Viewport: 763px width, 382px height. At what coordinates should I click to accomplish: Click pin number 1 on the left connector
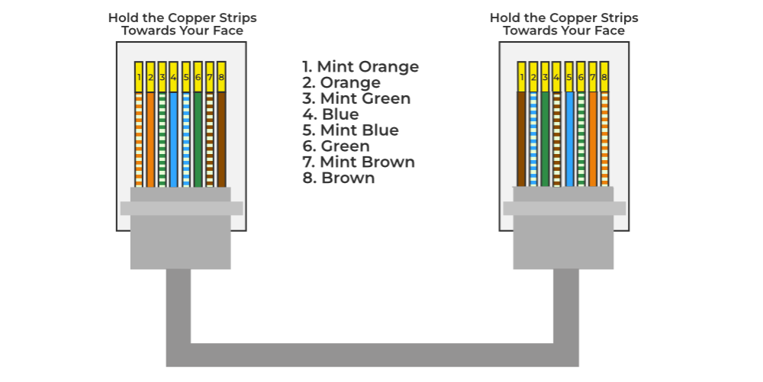[139, 76]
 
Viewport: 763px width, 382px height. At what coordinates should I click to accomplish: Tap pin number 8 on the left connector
[221, 76]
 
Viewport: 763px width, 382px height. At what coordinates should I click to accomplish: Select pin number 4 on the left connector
[174, 76]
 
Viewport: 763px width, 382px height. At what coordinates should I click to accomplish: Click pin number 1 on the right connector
[522, 76]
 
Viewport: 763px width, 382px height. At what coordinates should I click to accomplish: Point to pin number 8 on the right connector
[604, 76]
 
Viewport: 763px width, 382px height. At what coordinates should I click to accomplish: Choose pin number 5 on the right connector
[569, 76]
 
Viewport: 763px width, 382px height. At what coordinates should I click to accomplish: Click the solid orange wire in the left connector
[150, 137]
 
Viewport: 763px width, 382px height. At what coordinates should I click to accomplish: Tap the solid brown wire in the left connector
[221, 137]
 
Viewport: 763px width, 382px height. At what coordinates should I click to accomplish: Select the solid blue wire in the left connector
[174, 137]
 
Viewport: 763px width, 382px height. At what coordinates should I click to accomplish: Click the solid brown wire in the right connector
[522, 137]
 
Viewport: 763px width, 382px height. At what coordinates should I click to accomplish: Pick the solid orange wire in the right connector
[593, 137]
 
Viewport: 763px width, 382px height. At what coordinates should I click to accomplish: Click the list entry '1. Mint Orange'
[361, 66]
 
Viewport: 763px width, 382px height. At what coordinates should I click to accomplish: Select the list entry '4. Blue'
[330, 114]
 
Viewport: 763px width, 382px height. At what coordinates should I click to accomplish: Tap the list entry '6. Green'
[336, 146]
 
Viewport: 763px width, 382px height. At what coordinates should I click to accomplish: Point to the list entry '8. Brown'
[339, 178]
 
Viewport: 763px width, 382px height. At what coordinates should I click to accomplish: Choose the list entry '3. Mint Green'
[356, 98]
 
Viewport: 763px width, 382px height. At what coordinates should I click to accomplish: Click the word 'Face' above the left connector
[227, 31]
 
